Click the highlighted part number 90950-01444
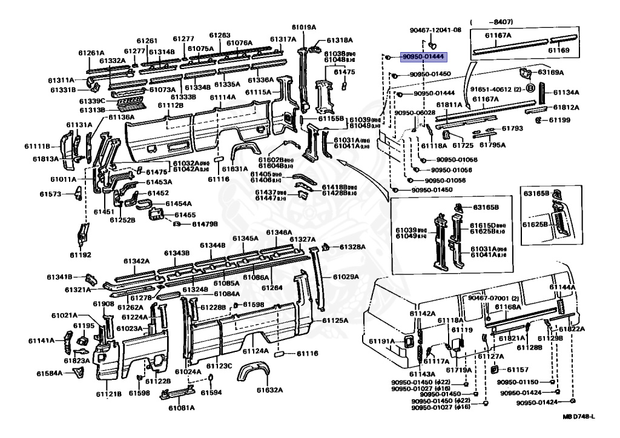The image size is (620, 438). [x=423, y=56]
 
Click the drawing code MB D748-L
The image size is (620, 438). [x=579, y=417]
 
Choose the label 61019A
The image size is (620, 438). [x=303, y=27]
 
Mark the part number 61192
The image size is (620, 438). [x=80, y=255]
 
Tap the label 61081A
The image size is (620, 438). [x=181, y=407]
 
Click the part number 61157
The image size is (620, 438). [x=518, y=370]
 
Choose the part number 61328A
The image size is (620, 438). [x=352, y=247]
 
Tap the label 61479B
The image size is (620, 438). [x=205, y=224]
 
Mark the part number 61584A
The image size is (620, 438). [x=49, y=373]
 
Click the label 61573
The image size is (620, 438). [x=51, y=194]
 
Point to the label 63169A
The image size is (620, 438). [x=551, y=72]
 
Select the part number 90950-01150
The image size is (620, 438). [x=518, y=382]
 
